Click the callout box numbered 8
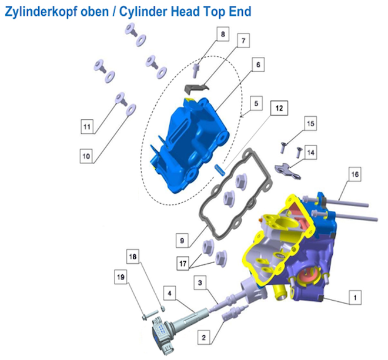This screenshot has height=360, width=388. pyautogui.click(x=223, y=33)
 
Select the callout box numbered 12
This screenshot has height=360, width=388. pyautogui.click(x=279, y=108)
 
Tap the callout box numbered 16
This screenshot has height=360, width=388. pyautogui.click(x=355, y=174)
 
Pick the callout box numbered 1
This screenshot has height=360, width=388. pyautogui.click(x=355, y=297)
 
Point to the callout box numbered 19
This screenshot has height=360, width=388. pyautogui.click(x=121, y=277)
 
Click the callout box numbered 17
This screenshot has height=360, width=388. pyautogui.click(x=183, y=263)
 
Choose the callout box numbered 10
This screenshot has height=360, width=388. pyautogui.click(x=86, y=156)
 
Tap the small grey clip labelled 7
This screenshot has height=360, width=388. pyautogui.click(x=196, y=88)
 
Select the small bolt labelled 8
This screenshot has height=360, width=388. pyautogui.click(x=195, y=70)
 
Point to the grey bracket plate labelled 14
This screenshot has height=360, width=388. pyautogui.click(x=287, y=171)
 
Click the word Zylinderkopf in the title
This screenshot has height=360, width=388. pyautogui.click(x=56, y=12)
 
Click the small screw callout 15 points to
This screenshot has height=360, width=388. pyautogui.click(x=283, y=147)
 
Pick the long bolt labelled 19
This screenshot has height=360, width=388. pyautogui.click(x=150, y=315)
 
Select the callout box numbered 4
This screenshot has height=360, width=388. pyautogui.click(x=169, y=293)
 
